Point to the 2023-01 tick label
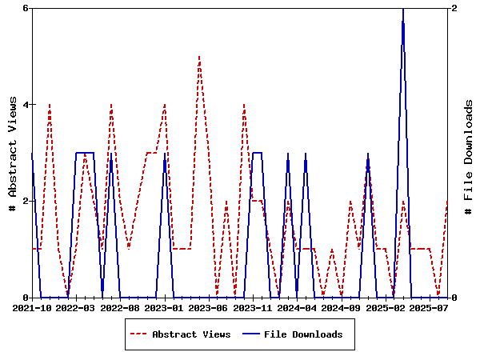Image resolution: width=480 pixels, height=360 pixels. click(165, 307)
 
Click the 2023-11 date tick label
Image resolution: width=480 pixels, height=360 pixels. click(253, 307)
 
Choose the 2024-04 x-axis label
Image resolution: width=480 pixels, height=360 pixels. click(297, 307)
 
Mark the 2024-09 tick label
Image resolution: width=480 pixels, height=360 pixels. click(342, 307)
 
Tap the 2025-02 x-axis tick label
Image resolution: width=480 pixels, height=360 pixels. click(386, 307)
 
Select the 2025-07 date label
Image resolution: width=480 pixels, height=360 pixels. click(429, 307)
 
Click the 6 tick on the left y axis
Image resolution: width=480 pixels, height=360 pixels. click(26, 8)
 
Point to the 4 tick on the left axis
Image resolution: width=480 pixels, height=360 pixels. click(26, 105)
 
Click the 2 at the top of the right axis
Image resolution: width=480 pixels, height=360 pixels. click(454, 8)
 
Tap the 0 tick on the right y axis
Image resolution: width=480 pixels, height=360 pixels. click(454, 298)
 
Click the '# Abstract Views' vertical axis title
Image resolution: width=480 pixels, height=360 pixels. click(12, 153)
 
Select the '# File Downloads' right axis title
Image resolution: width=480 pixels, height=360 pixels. click(469, 153)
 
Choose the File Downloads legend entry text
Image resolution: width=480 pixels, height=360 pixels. click(303, 334)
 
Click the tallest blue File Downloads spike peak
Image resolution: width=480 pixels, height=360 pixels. click(403, 9)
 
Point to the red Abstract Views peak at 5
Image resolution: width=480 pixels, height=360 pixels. click(199, 57)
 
